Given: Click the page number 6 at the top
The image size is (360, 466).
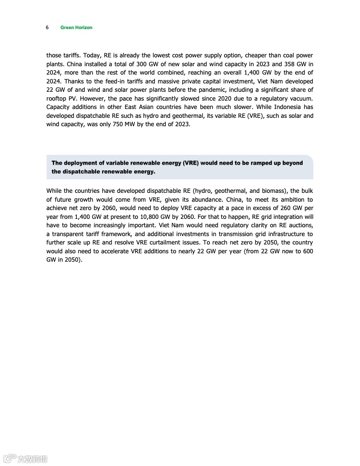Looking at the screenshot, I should coord(47,27).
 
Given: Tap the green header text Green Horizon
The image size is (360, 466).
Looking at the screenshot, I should coord(76,27).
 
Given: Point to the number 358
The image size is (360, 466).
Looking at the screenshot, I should coord(287,64).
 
